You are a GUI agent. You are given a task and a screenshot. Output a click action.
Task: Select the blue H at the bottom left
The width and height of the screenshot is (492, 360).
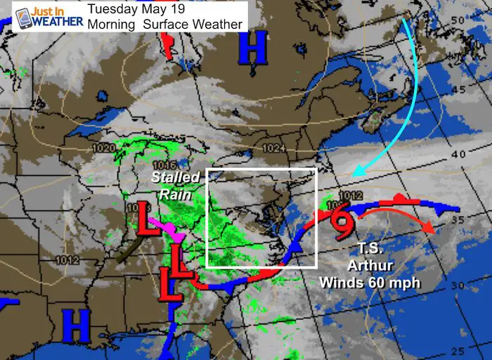click(x=77, y=323)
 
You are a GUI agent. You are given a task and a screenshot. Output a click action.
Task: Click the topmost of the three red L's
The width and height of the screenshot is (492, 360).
click(x=146, y=219)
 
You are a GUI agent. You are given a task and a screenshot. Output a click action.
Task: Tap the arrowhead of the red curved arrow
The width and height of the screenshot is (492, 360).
click(x=431, y=232)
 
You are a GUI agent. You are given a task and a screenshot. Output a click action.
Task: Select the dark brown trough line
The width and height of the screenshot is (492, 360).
click(x=131, y=250)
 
